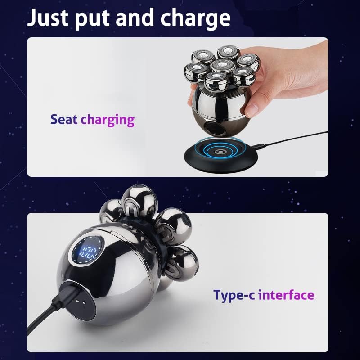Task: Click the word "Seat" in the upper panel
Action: [64, 120]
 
